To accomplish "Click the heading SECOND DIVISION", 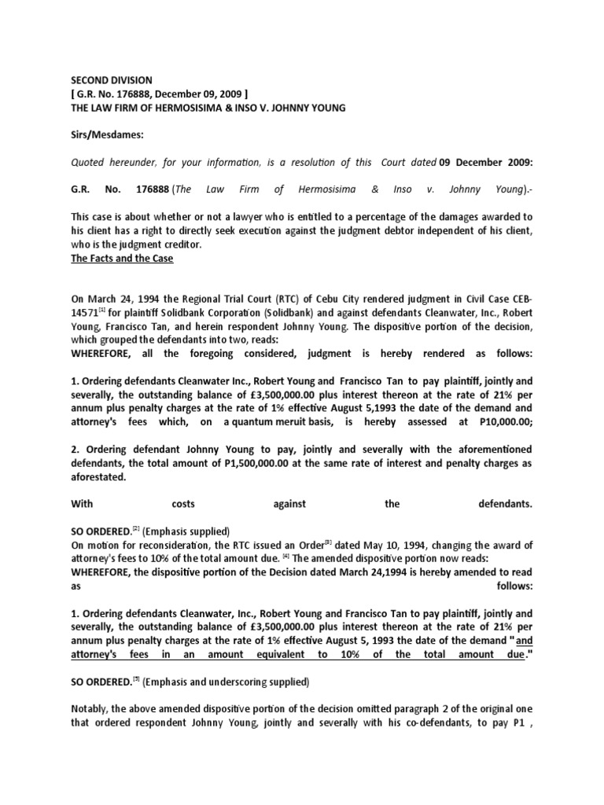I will pyautogui.click(x=112, y=80).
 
